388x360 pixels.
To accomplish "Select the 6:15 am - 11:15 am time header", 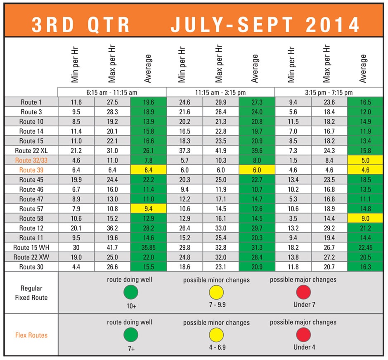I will coord(111,93).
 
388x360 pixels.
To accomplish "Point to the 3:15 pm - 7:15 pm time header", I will coord(329,93).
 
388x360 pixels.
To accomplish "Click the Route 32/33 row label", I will coord(31,160).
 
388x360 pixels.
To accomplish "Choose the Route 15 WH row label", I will coord(31,247).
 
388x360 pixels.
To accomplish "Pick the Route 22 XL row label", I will coord(31,150).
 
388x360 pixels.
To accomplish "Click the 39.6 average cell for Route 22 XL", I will coord(257,150).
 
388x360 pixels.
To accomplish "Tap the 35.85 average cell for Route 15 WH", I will coord(148,247).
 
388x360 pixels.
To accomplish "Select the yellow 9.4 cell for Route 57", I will coord(148,208).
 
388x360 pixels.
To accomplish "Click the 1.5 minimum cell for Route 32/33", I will coord(293,160).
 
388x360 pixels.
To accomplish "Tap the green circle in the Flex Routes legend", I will coord(131,335).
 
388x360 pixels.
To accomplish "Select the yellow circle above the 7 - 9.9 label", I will coord(216,293).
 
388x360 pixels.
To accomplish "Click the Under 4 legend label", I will coord(304,347).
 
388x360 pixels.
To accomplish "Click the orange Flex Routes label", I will coord(31,335).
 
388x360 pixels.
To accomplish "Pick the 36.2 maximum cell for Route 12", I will coord(111,228).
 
